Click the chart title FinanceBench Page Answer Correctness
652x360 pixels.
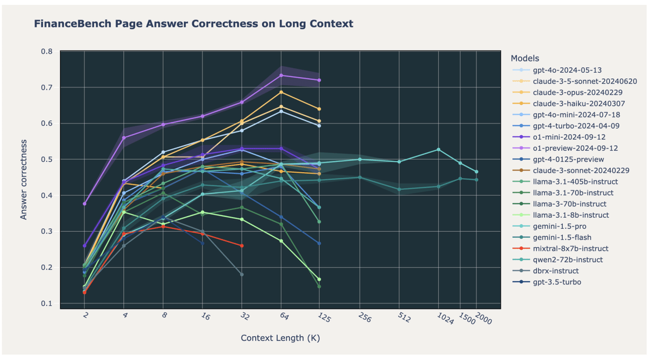click(x=193, y=24)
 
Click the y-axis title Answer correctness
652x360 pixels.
click(x=23, y=179)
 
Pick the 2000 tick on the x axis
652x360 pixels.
click(x=482, y=320)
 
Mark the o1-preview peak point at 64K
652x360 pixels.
click(x=281, y=75)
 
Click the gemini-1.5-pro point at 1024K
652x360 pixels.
click(x=438, y=149)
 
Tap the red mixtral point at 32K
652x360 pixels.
click(x=242, y=245)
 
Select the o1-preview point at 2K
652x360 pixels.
click(x=85, y=204)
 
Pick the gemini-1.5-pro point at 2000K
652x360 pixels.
click(x=477, y=172)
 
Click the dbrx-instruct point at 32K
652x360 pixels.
click(x=242, y=275)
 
